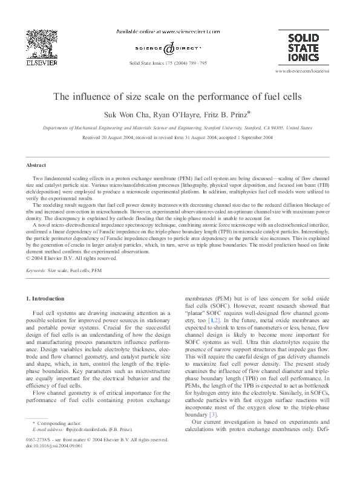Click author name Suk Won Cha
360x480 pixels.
point(143,115)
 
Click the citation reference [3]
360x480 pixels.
point(212,415)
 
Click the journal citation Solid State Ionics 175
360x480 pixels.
point(163,62)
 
